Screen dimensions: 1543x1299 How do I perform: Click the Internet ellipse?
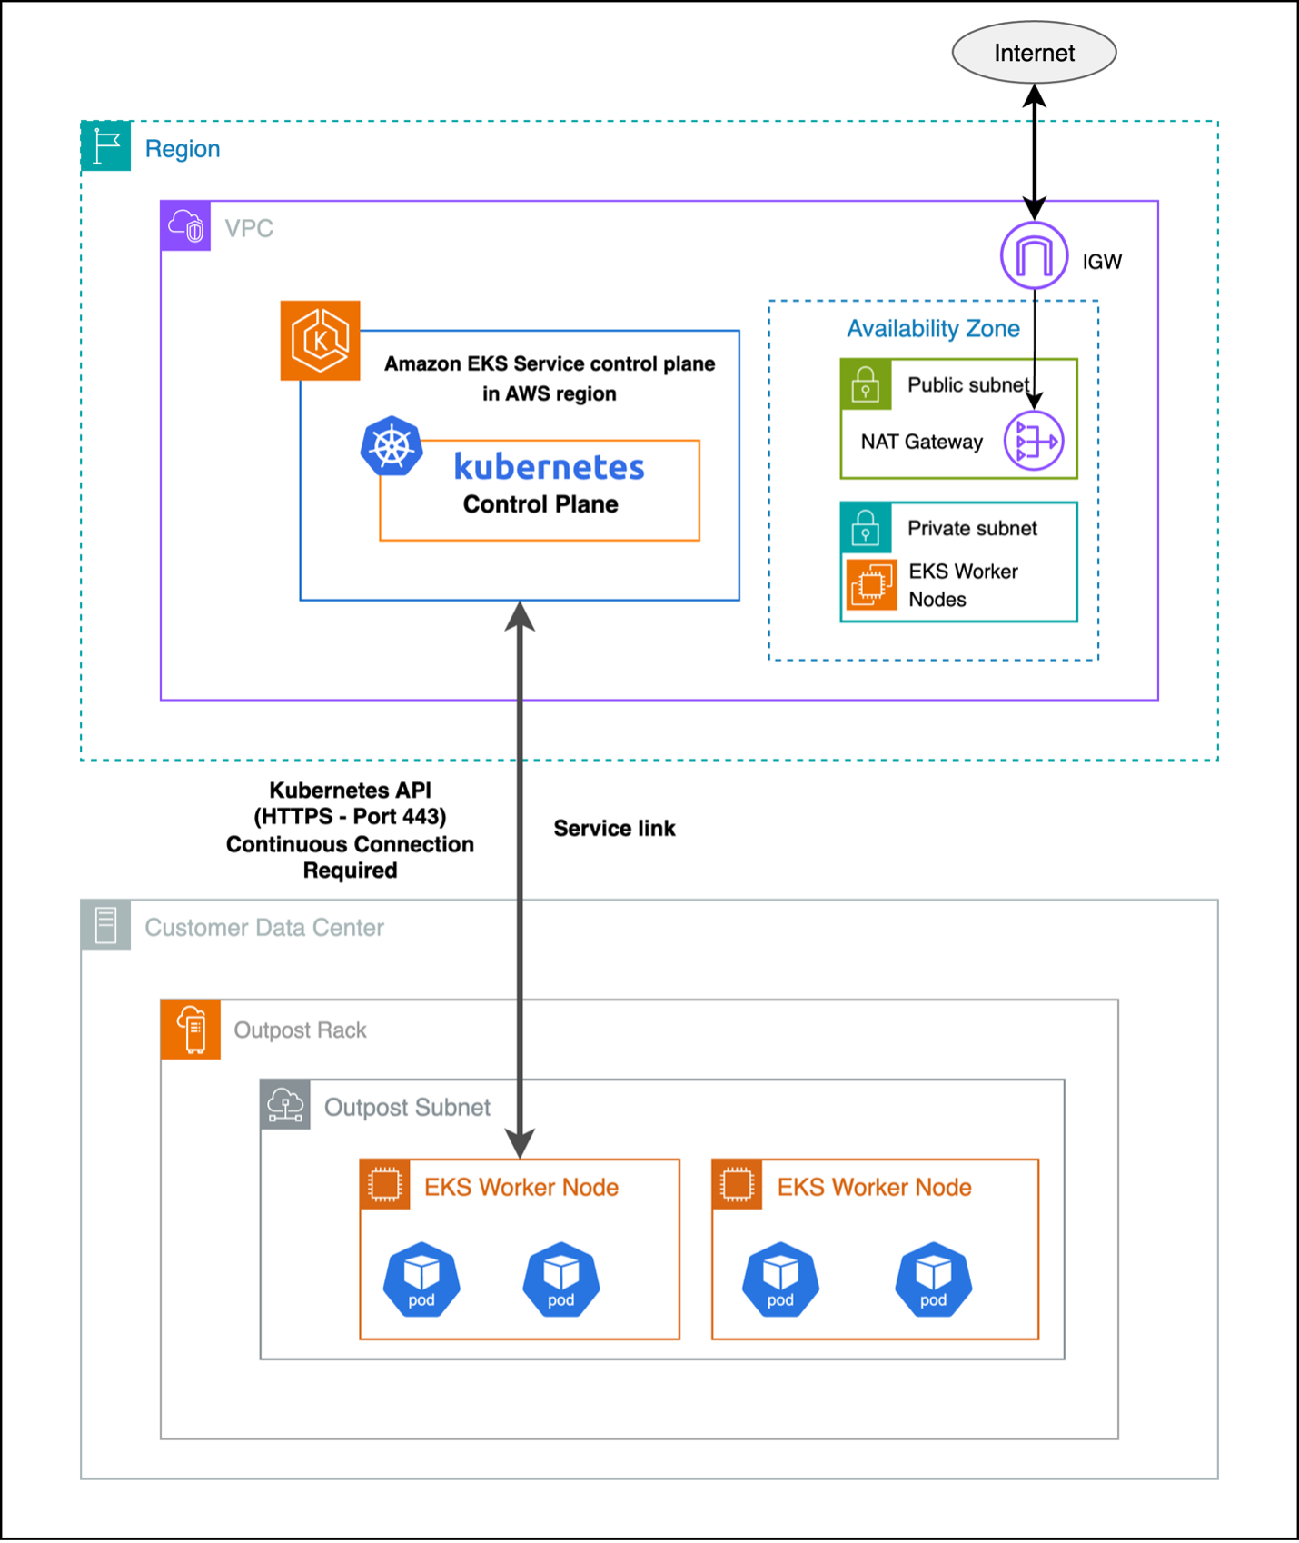1034,53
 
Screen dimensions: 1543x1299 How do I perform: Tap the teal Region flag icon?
106,146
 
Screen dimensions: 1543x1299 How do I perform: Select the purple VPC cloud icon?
186,225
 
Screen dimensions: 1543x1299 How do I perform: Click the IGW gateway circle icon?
1034,255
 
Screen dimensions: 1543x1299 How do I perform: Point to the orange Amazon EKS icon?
320,341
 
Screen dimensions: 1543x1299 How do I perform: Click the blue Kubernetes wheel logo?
392,446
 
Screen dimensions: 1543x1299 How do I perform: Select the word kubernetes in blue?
549,467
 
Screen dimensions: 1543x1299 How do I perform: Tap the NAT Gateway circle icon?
1034,441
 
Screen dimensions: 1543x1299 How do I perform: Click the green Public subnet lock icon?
865,384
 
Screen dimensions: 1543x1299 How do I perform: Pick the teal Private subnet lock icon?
865,528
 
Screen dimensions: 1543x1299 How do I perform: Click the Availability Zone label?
933,329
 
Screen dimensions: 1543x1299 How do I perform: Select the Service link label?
614,829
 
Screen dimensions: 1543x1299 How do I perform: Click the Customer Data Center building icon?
106,925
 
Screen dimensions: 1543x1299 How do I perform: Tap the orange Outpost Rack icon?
191,1030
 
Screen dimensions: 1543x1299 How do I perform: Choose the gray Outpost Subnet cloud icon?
285,1105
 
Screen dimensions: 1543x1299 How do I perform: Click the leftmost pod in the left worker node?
421,1279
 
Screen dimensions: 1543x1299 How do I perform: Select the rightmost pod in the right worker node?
933,1279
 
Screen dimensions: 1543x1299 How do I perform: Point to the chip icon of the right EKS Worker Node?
737,1185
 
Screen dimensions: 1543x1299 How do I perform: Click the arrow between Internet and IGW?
1034,150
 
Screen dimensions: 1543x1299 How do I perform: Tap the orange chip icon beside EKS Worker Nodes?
871,584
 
